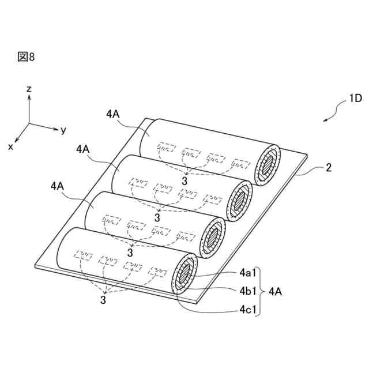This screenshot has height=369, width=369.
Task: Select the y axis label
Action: coord(63,130)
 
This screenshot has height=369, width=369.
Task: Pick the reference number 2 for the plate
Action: coord(328,168)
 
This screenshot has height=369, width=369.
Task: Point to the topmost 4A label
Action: coord(114,114)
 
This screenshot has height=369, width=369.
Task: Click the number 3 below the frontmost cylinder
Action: coord(103,299)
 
